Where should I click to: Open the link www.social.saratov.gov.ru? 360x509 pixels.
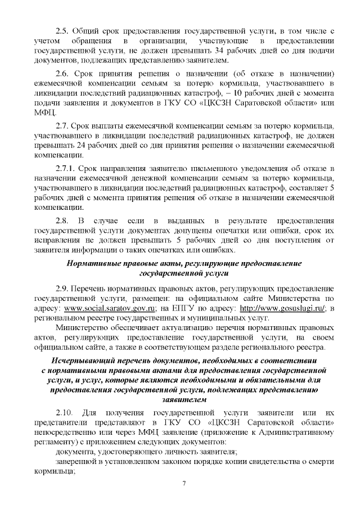(102, 309)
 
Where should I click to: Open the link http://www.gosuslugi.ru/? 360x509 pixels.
(282, 309)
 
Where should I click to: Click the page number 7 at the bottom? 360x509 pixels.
(183, 484)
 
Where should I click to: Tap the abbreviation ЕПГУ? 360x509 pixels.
(184, 309)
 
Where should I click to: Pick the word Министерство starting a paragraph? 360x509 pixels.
(84, 327)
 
